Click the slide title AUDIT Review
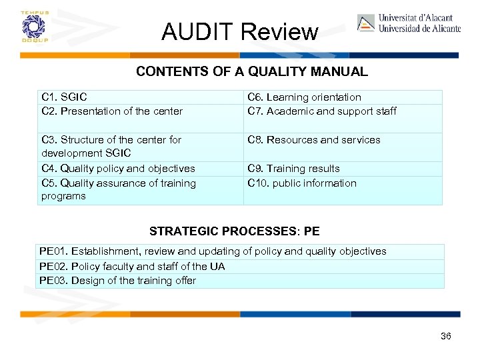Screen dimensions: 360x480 point(240,31)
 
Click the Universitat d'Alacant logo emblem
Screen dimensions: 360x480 point(366,23)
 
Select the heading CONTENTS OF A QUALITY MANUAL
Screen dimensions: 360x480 point(251,71)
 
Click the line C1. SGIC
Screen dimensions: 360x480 point(64,97)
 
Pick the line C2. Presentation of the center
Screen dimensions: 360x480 point(111,111)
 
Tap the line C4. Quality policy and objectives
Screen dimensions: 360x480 point(118,169)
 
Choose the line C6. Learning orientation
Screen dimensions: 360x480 point(304,97)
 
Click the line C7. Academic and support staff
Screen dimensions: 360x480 point(321,111)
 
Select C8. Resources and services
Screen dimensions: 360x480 point(313,140)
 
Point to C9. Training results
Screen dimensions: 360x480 point(293,169)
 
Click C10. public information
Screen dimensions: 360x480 point(301,183)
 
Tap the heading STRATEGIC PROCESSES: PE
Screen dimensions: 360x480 point(234,231)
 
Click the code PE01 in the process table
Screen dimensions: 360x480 point(52,251)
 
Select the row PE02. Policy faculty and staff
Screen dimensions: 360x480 point(132,267)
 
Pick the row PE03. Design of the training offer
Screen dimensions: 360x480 point(117,281)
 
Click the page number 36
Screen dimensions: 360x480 point(446,336)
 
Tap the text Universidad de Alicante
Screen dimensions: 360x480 point(419,29)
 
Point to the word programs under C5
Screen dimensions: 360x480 point(63,196)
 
